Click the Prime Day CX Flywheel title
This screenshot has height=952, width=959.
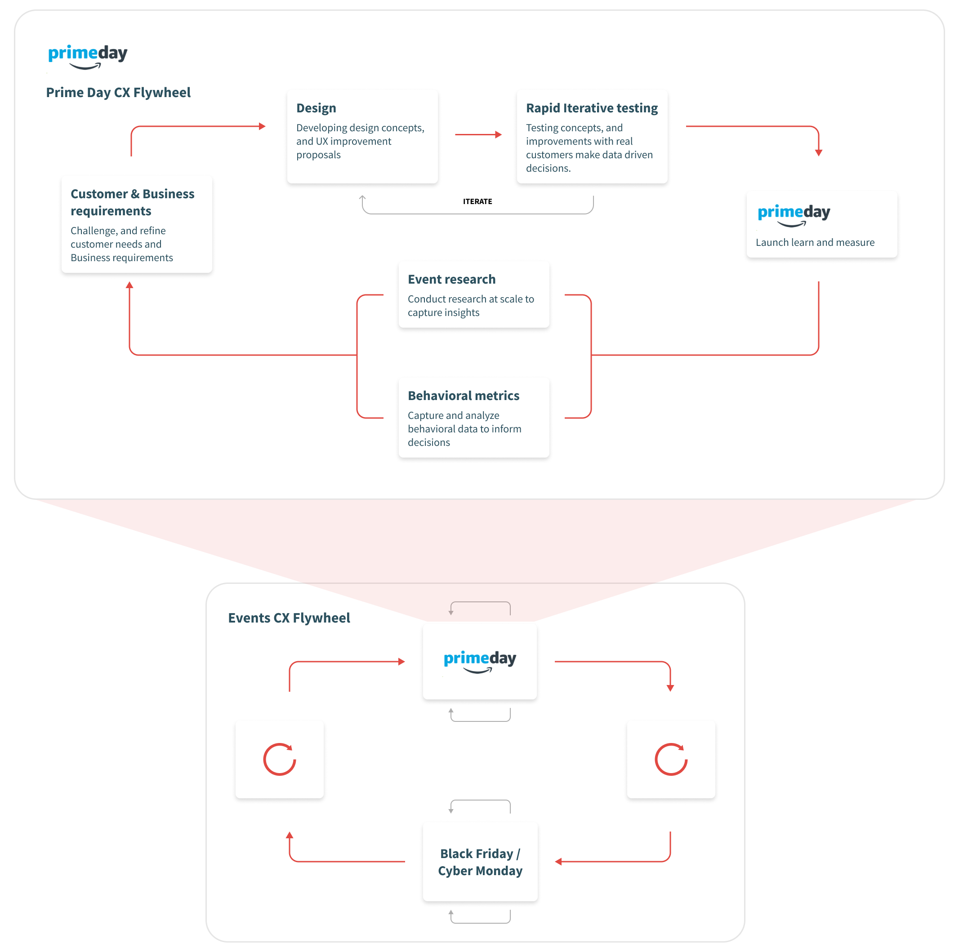(x=118, y=93)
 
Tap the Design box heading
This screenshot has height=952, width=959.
(x=316, y=108)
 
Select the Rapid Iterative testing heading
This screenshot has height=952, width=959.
(x=592, y=108)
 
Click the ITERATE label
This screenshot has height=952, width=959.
(x=477, y=201)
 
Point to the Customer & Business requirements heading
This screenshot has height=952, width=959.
(x=133, y=202)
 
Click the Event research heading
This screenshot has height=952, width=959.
(x=452, y=280)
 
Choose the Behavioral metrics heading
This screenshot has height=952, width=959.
(x=464, y=396)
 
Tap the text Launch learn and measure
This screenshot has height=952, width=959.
(x=815, y=243)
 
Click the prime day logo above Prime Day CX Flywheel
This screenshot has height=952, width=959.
(x=88, y=56)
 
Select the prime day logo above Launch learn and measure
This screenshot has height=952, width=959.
(x=794, y=215)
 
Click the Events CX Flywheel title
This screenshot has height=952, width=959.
(x=289, y=618)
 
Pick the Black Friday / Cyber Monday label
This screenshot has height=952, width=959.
(x=480, y=862)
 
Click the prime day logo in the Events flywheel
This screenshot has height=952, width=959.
(x=479, y=661)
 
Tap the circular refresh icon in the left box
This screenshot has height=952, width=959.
(x=280, y=760)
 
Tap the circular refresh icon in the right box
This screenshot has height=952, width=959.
(x=671, y=760)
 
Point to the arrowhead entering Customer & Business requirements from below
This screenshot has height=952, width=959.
(x=129, y=285)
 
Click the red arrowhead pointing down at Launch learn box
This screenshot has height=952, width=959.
(x=819, y=152)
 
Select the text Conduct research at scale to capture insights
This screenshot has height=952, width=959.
(x=471, y=306)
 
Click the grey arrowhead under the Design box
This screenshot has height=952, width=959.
(x=362, y=198)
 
